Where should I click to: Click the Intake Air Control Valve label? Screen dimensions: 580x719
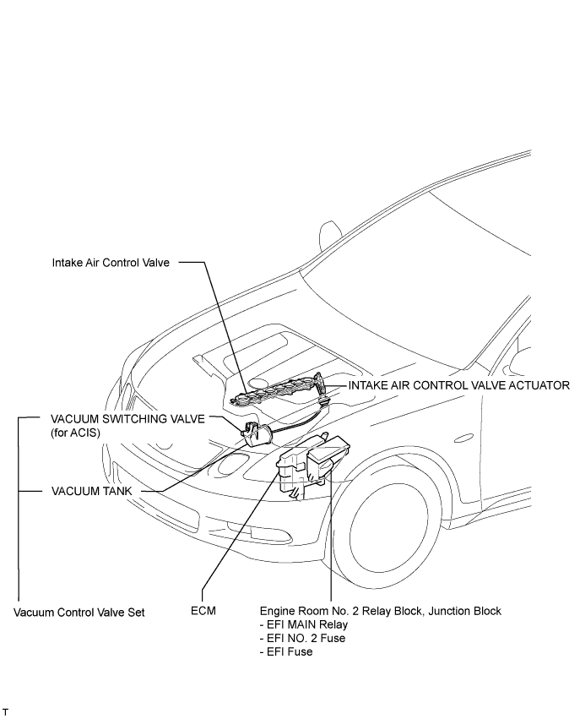pyautogui.click(x=111, y=263)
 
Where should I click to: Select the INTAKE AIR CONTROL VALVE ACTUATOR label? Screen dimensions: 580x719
pyautogui.click(x=458, y=385)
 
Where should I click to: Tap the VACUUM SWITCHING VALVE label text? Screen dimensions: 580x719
pyautogui.click(x=127, y=419)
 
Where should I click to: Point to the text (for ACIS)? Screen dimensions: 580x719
pyautogui.click(x=75, y=433)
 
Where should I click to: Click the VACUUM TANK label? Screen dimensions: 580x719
pyautogui.click(x=92, y=491)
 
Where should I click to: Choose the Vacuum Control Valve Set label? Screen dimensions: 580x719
pyautogui.click(x=79, y=613)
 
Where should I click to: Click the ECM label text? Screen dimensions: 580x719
pyautogui.click(x=203, y=611)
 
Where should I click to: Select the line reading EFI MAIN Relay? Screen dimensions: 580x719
pyautogui.click(x=304, y=624)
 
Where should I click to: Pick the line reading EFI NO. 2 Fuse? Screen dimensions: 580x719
pyautogui.click(x=302, y=638)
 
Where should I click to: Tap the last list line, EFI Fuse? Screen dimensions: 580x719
pyautogui.click(x=286, y=651)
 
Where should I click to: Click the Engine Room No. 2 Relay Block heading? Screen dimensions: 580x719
pyautogui.click(x=381, y=611)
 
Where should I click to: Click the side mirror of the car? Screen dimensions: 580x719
pyautogui.click(x=330, y=235)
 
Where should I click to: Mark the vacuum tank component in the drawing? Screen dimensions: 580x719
pyautogui.click(x=257, y=433)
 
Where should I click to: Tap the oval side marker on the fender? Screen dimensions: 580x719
pyautogui.click(x=463, y=438)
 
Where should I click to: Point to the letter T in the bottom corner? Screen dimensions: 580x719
pyautogui.click(x=6, y=711)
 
